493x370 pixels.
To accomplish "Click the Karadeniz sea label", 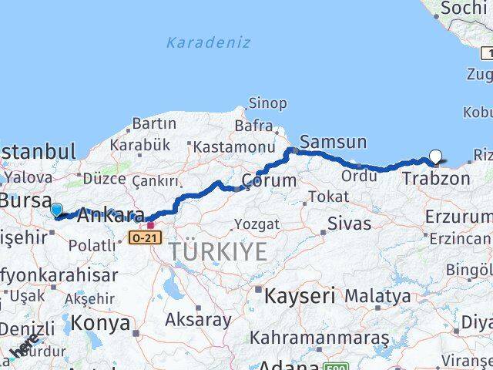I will click(208, 43).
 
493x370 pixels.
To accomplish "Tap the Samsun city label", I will click(333, 142).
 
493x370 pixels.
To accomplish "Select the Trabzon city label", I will click(435, 179).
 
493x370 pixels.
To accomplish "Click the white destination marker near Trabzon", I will click(435, 156).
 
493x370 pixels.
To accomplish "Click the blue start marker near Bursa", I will click(56, 209).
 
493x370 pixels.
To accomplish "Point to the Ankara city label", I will click(112, 214).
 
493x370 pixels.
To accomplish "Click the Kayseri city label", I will click(300, 295).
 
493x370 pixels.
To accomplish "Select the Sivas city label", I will click(349, 224).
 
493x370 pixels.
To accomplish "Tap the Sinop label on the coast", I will click(267, 103).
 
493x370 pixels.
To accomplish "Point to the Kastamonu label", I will click(233, 146).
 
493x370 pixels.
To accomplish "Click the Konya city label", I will click(100, 322).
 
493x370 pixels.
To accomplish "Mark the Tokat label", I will click(329, 197).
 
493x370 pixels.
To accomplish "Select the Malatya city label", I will click(377, 295).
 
